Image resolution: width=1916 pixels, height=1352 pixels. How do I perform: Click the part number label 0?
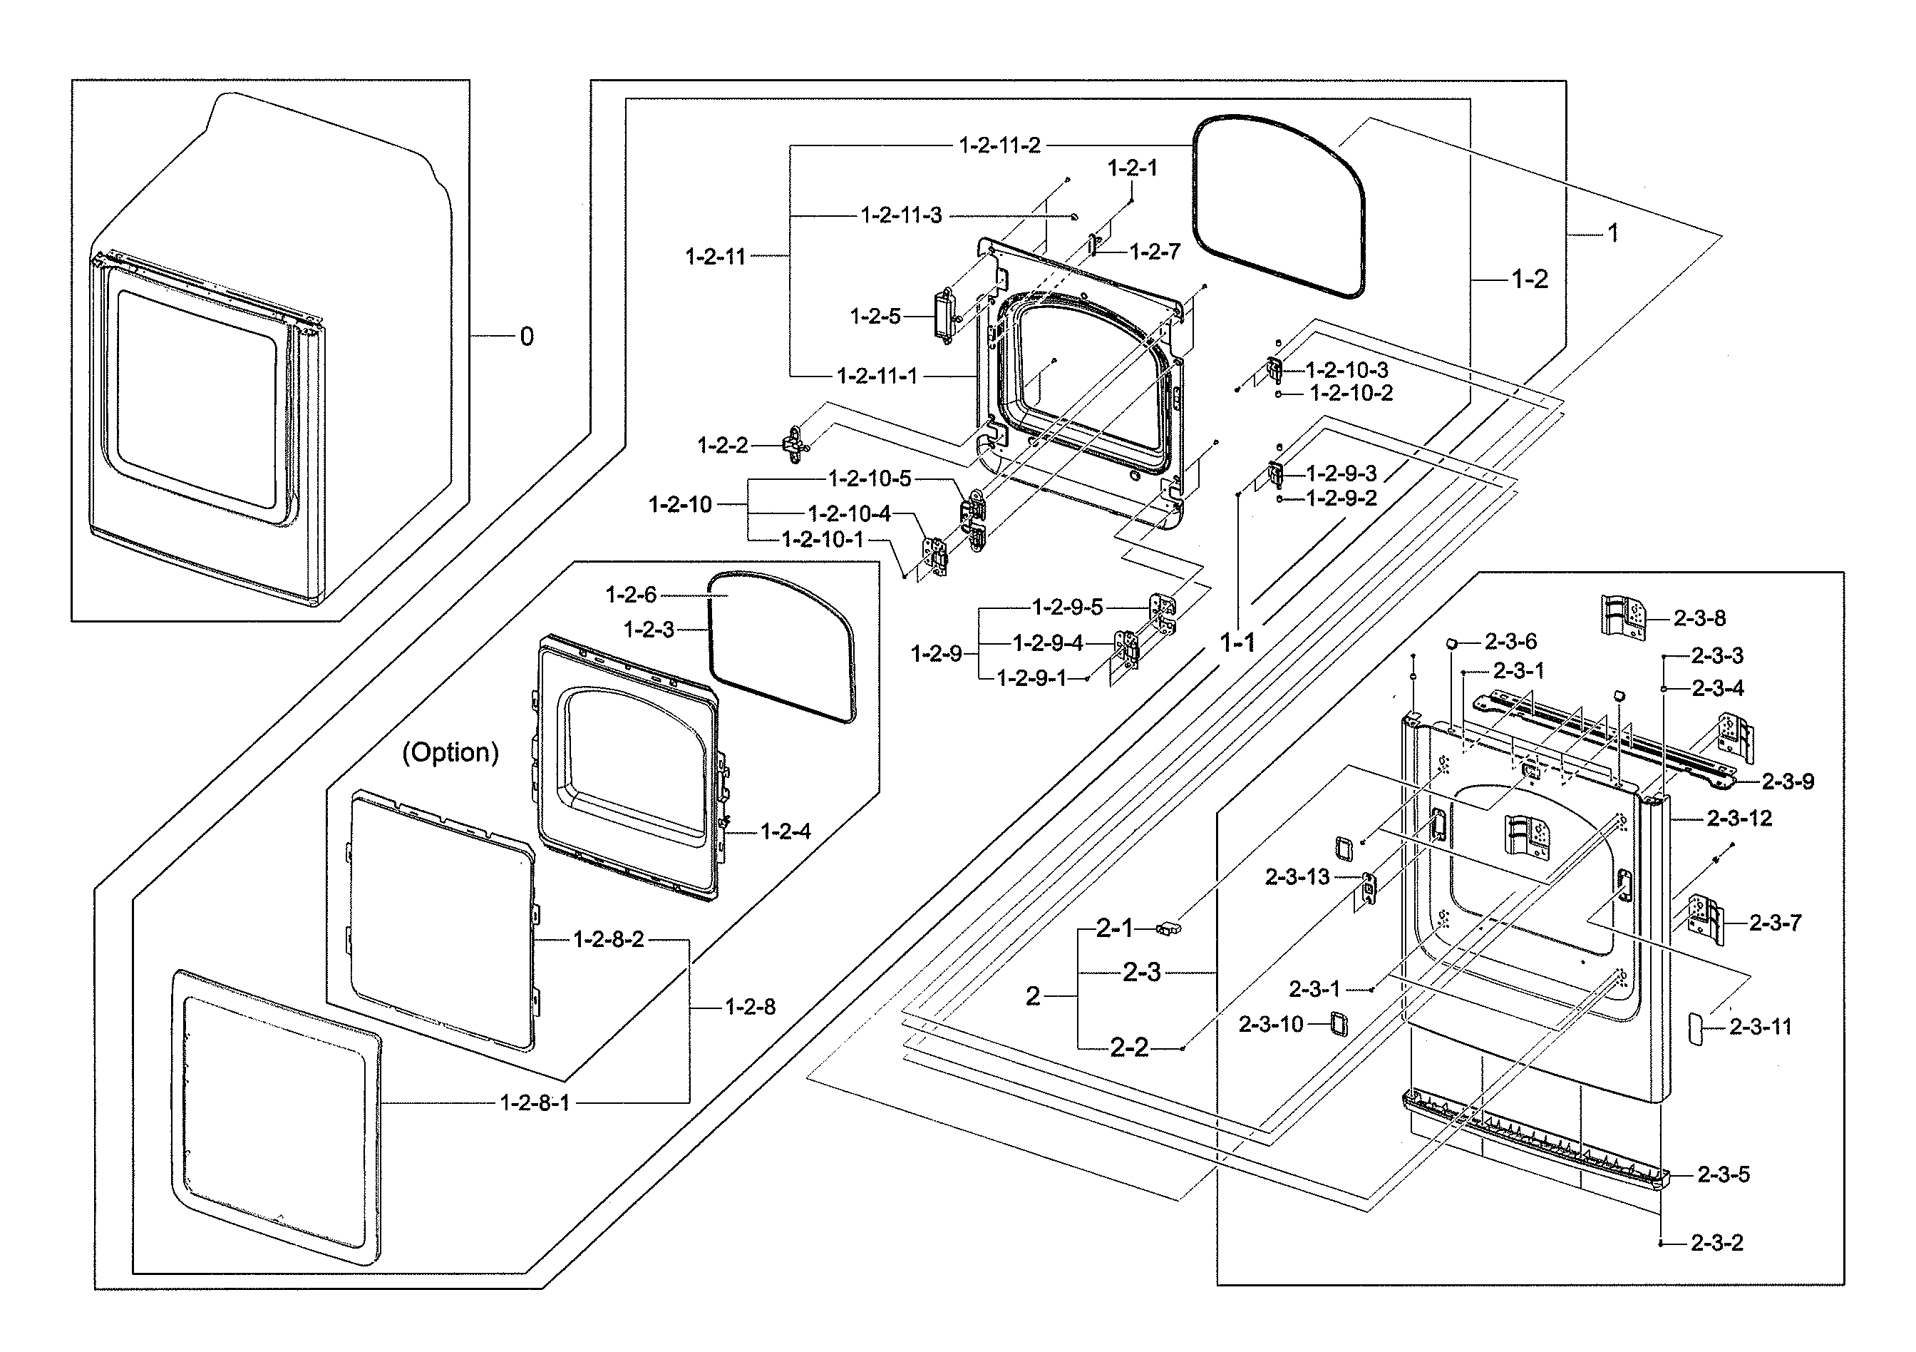coord(526,337)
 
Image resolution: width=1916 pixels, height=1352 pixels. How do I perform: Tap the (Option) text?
coord(450,752)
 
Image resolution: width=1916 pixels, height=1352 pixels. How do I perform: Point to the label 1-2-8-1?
coord(534,1102)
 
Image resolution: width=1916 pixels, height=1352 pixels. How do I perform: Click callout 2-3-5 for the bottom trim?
coord(1724,1174)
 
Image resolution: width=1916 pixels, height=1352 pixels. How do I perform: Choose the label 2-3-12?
coord(1739,818)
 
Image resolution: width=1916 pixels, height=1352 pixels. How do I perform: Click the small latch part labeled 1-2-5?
coord(944,314)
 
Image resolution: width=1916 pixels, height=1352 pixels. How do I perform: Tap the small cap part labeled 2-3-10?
coord(1338,1023)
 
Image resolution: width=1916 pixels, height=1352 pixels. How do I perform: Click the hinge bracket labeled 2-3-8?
coord(1622,617)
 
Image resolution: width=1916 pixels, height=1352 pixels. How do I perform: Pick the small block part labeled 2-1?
coord(1170,927)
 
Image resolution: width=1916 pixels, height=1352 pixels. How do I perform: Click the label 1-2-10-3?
coord(1347,369)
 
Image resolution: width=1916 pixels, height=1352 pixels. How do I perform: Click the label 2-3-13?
coord(1297,876)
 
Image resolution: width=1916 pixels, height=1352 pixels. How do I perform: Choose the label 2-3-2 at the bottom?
coord(1716,1243)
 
